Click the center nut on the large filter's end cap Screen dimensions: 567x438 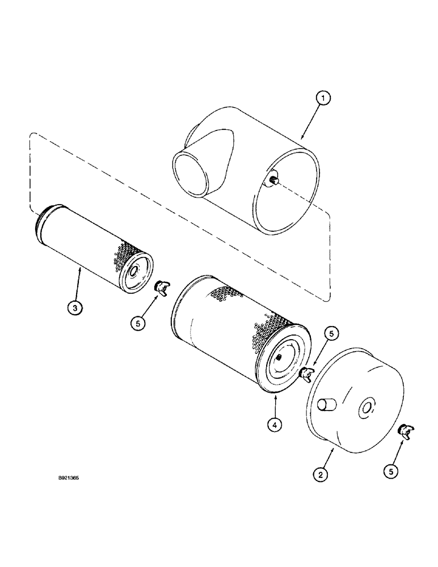coord(281,357)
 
